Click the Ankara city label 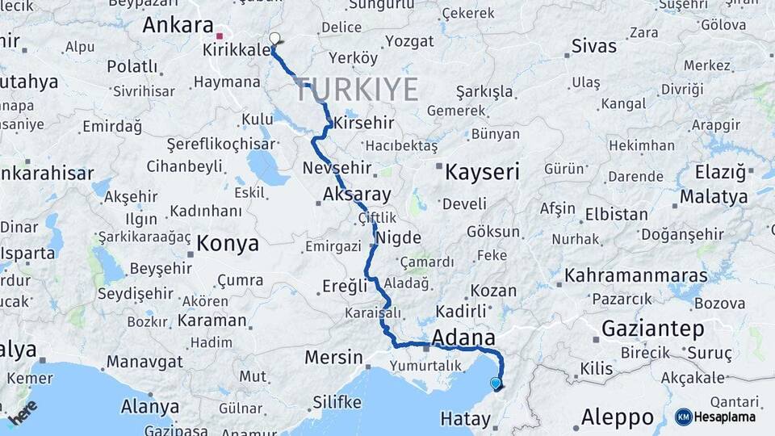tap(178, 24)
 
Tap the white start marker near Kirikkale tap(274, 39)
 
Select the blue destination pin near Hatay tap(496, 384)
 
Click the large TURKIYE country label tap(357, 89)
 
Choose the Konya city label tap(228, 243)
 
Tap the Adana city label tap(463, 336)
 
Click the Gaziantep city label tap(652, 329)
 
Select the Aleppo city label tap(618, 417)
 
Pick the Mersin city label tap(333, 357)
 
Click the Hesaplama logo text tap(726, 417)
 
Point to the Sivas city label tap(593, 45)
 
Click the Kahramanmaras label tap(636, 275)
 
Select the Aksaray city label tap(356, 194)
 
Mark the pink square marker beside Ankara tap(220, 36)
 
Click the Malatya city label tap(714, 196)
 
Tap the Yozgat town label tap(409, 40)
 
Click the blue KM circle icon tap(683, 417)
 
